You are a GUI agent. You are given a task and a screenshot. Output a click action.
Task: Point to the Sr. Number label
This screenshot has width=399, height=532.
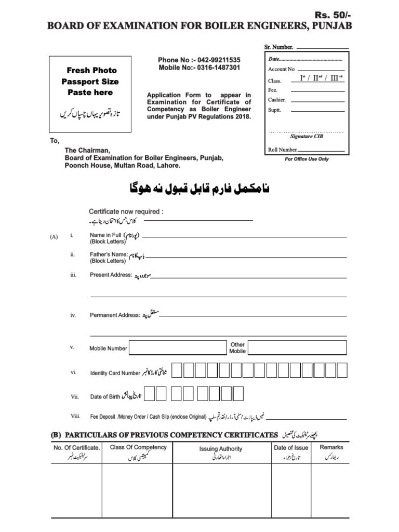pos(278,47)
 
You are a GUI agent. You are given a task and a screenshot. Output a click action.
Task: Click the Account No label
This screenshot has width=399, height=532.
pos(281,69)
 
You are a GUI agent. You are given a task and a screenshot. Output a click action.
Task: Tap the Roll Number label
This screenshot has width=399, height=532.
pos(283,150)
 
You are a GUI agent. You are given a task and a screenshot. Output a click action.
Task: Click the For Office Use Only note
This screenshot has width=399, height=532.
pos(307,159)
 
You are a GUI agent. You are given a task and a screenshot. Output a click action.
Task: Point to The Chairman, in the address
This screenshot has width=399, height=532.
pos(87,150)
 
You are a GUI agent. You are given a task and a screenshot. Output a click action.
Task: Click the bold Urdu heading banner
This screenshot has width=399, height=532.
pos(199,190)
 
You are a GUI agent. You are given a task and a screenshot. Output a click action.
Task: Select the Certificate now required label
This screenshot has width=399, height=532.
pos(126,212)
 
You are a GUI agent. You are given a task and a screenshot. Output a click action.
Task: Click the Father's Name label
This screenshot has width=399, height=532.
pos(109,255)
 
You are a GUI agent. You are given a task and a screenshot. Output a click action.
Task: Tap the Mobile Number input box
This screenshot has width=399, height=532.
pos(178,348)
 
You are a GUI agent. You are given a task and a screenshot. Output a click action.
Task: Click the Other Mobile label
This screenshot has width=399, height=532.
pos(237,348)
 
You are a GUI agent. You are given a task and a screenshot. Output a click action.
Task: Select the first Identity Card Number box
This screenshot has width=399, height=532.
pos(177,370)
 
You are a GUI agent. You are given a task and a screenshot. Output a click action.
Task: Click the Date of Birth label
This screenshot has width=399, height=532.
pos(105,397)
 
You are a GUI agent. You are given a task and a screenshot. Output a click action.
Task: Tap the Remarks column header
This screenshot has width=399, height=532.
pos(331,447)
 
